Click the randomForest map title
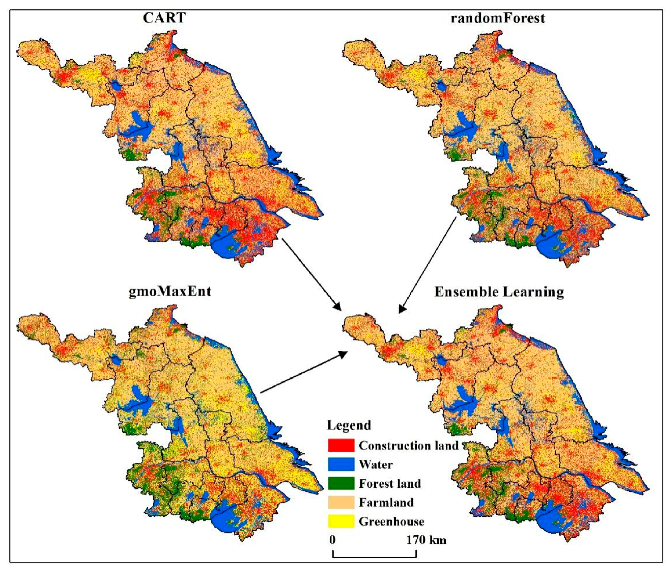coord(498,18)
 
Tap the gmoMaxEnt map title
coord(170,291)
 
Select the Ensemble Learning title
coord(499,292)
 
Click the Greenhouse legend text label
coord(391,522)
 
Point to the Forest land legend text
coord(390,484)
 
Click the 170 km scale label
coord(426,540)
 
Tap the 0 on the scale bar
coord(333,540)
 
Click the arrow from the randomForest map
coord(427,265)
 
